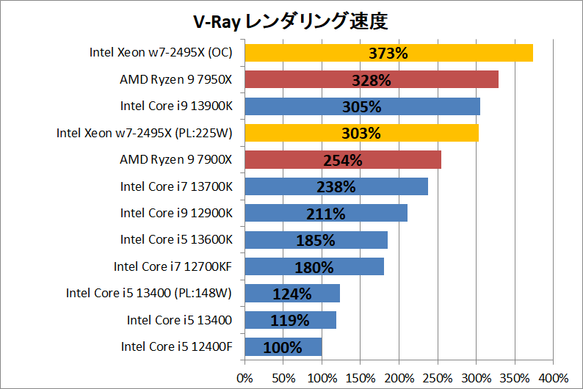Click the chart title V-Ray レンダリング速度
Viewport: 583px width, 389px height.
click(x=291, y=22)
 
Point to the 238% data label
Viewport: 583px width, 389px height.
click(x=336, y=186)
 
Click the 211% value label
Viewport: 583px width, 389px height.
click(x=325, y=214)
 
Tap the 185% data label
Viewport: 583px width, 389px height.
click(x=316, y=240)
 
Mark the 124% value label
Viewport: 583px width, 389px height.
click(x=292, y=294)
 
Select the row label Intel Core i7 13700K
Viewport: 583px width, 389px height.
click(x=176, y=186)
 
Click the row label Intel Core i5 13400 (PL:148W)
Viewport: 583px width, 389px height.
click(x=149, y=294)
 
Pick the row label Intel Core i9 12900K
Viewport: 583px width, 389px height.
click(x=176, y=213)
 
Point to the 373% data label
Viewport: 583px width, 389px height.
click(x=388, y=53)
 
